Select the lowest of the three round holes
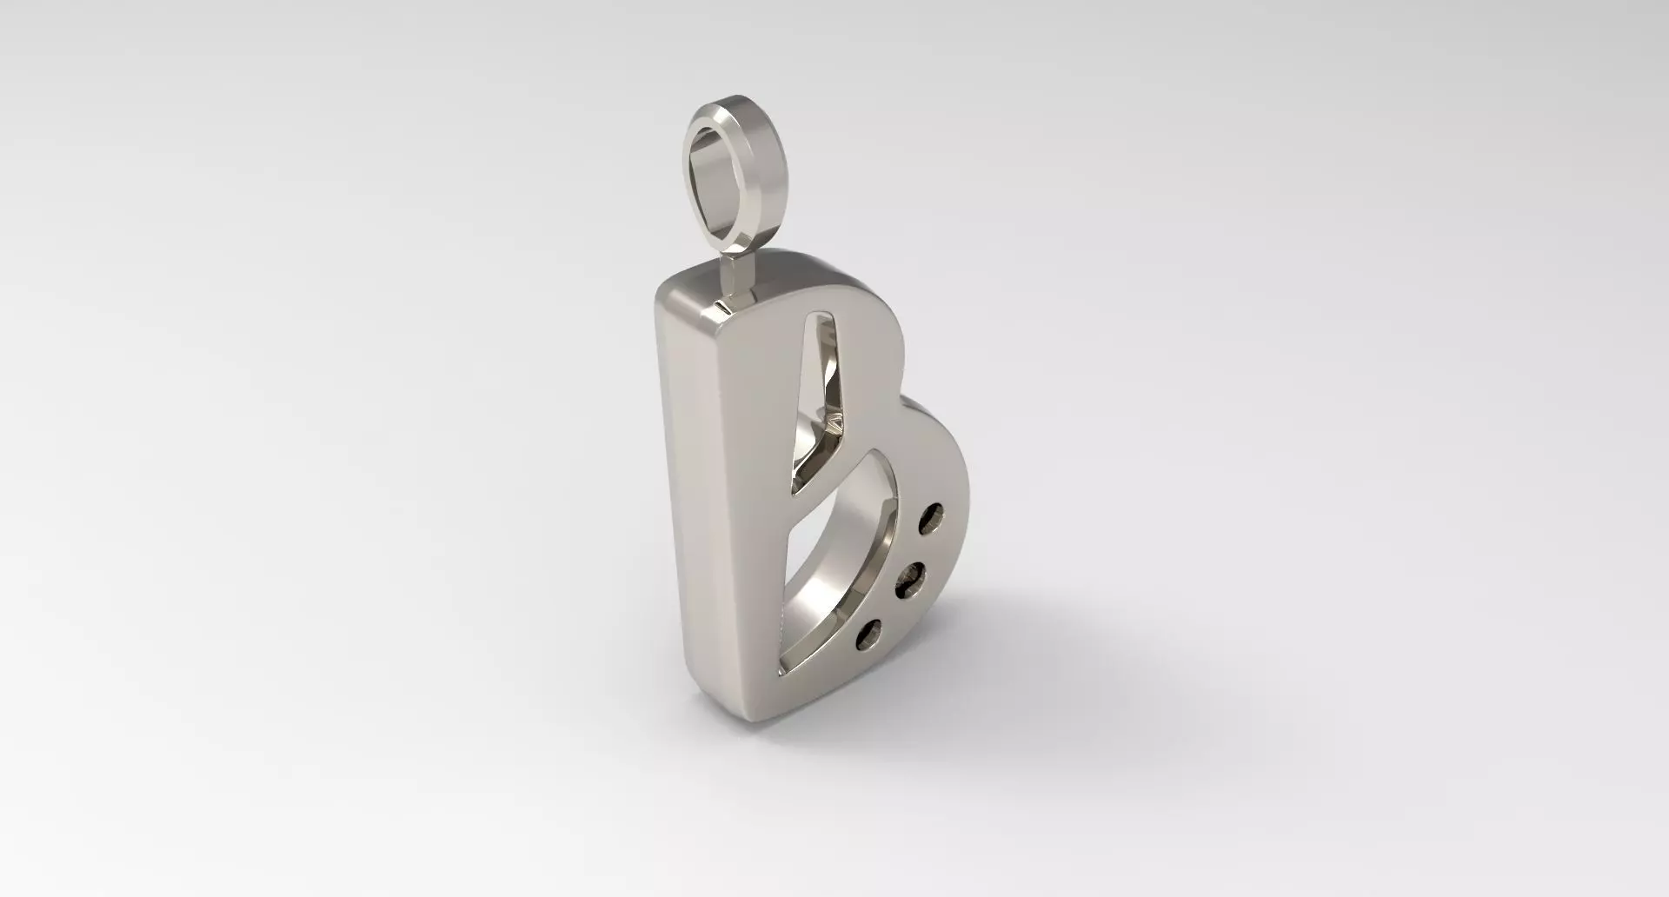(870, 635)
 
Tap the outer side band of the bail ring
(765, 174)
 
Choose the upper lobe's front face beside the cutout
(869, 365)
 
